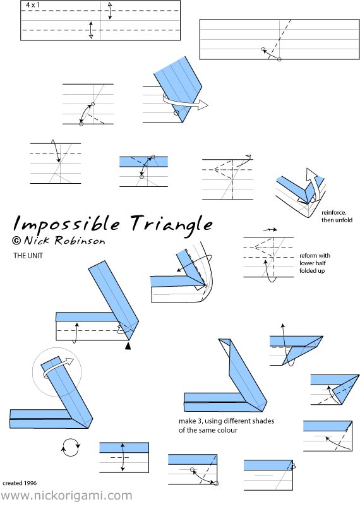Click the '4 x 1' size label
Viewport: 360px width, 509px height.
33,5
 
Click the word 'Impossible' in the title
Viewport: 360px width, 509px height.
66,224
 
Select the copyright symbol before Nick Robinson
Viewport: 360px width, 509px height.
16,241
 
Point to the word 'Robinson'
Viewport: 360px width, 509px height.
80,241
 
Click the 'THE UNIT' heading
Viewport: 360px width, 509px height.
28,256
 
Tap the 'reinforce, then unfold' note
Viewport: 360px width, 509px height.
337,216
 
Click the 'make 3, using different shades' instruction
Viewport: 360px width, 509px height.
226,421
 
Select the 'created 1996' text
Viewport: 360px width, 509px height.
20,483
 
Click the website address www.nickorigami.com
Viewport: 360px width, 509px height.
66,496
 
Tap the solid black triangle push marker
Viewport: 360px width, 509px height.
128,346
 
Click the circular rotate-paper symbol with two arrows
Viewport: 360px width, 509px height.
71,447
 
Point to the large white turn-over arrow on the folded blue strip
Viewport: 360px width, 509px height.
185,103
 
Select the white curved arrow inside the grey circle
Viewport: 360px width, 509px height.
59,367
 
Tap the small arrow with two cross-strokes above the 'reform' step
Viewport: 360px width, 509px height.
270,230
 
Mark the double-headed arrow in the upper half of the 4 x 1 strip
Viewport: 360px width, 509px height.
110,11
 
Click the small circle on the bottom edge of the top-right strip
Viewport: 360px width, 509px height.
279,59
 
